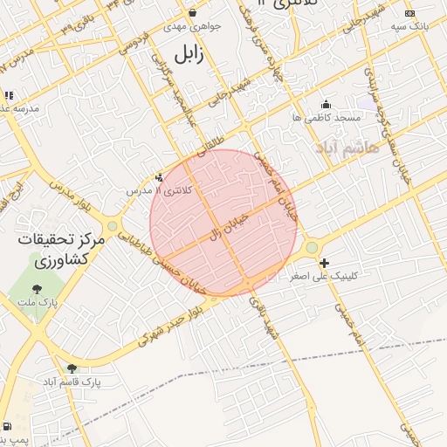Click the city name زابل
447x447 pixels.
pyautogui.click(x=188, y=54)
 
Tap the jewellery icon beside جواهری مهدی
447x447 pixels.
pyautogui.click(x=193, y=13)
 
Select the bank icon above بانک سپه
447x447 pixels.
pyautogui.click(x=410, y=13)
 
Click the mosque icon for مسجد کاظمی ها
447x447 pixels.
pyautogui.click(x=327, y=104)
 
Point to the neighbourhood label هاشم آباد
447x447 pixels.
pyautogui.click(x=375, y=148)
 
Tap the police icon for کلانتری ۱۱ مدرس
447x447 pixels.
pyautogui.click(x=159, y=177)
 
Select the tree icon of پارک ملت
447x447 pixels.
pyautogui.click(x=37, y=289)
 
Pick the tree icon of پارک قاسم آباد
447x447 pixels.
pyautogui.click(x=72, y=368)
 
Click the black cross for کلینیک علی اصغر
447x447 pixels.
pyautogui.click(x=324, y=263)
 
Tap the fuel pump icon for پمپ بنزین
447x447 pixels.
pyautogui.click(x=8, y=427)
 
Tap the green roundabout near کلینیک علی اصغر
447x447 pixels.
pyautogui.click(x=312, y=249)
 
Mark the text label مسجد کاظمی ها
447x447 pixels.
pyautogui.click(x=327, y=117)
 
